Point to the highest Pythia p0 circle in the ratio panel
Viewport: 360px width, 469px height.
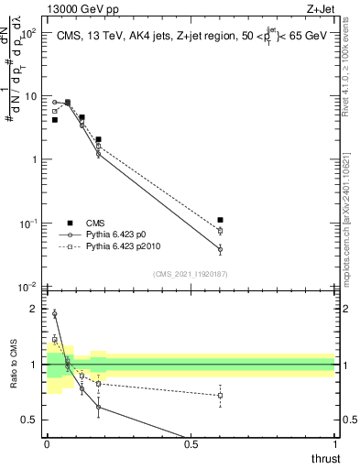[x=55, y=314]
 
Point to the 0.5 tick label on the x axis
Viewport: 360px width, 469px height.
[x=191, y=444]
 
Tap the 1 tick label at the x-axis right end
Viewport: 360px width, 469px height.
[x=334, y=444]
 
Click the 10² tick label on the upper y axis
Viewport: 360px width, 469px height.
[x=30, y=33]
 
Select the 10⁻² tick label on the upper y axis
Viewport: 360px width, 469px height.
[x=30, y=287]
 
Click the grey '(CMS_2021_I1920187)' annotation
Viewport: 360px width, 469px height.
[x=190, y=273]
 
